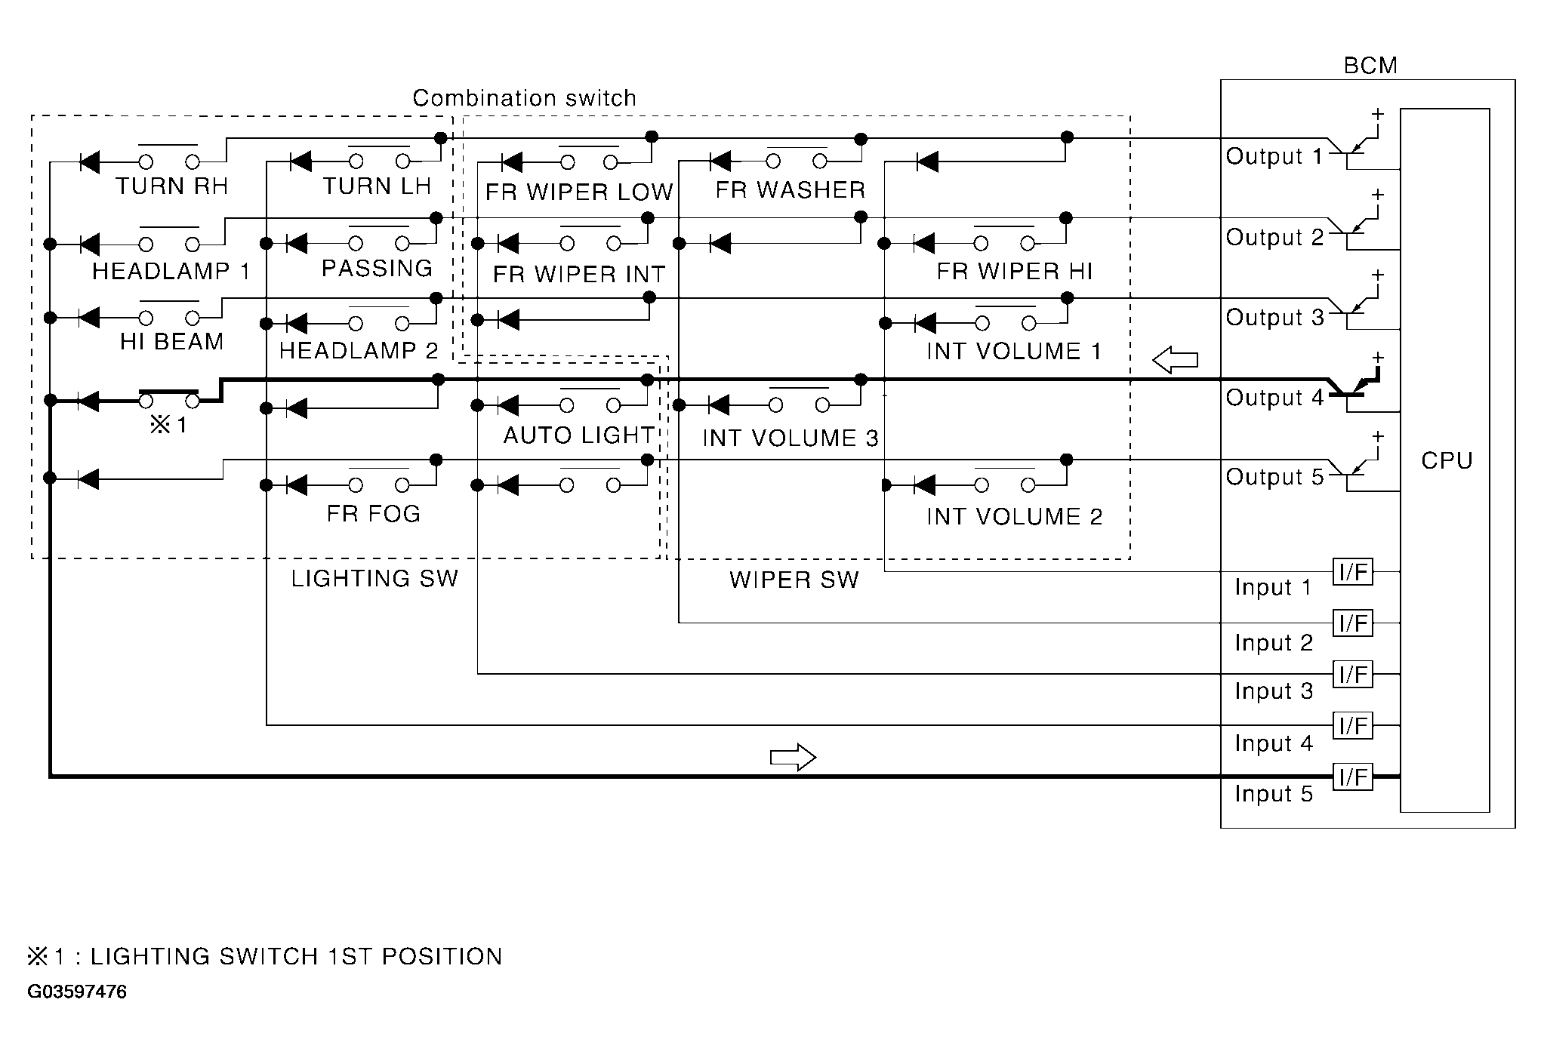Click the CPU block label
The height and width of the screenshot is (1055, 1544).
(x=1446, y=460)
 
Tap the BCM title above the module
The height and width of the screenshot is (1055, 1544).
(x=1370, y=66)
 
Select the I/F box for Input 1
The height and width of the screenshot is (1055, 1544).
(x=1353, y=572)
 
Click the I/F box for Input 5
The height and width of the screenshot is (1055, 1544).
(x=1353, y=777)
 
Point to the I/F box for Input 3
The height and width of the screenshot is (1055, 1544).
(x=1353, y=674)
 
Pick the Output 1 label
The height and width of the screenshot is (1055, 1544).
(x=1274, y=156)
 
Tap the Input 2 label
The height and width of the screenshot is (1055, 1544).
(x=1274, y=642)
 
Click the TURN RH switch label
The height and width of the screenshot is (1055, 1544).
(x=171, y=186)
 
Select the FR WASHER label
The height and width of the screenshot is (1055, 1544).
(x=790, y=189)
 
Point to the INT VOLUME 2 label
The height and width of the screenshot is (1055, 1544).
(x=1014, y=516)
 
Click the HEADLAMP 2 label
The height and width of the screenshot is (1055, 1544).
(x=358, y=350)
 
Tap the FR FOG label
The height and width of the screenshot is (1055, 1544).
(x=373, y=513)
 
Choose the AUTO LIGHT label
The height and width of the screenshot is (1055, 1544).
(x=578, y=435)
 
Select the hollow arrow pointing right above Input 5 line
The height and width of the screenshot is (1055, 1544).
(x=793, y=757)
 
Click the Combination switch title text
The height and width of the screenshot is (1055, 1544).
(x=524, y=98)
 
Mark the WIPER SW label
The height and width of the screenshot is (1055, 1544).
(x=794, y=580)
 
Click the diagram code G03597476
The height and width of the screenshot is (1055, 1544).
(x=77, y=992)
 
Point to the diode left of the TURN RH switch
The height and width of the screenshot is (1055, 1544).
(x=91, y=161)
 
